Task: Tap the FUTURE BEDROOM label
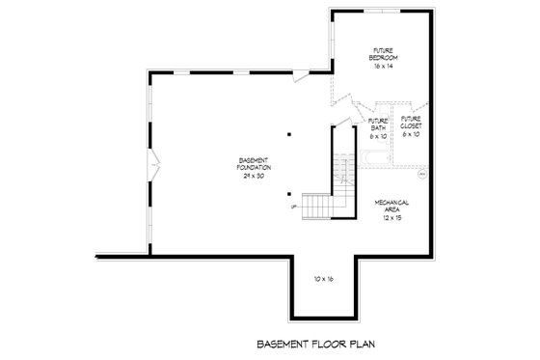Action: click(383, 54)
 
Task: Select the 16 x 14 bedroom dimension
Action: click(383, 66)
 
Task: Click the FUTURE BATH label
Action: click(378, 124)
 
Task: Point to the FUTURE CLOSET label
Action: click(410, 124)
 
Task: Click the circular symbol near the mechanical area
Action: click(421, 177)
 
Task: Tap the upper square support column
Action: click(287, 135)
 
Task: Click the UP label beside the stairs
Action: click(292, 206)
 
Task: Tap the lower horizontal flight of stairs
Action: click(317, 206)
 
